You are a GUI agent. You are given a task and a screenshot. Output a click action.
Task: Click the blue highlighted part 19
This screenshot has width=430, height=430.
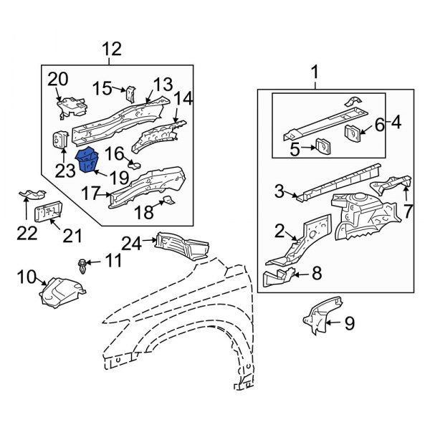click(x=90, y=160)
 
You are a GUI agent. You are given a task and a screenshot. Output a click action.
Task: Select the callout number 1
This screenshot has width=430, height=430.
click(x=314, y=72)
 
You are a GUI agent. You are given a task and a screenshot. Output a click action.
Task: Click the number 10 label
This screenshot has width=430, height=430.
click(x=26, y=276)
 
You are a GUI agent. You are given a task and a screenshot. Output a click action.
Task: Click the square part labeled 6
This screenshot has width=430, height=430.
click(x=353, y=133)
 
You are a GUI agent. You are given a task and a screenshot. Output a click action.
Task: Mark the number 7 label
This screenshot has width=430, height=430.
click(x=408, y=213)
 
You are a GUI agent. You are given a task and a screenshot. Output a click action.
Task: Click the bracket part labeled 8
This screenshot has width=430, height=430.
click(x=277, y=277)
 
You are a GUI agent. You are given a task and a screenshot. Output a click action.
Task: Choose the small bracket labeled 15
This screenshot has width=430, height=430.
click(x=130, y=95)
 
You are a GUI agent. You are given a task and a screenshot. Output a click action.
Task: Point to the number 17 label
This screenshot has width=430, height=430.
click(x=92, y=193)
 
